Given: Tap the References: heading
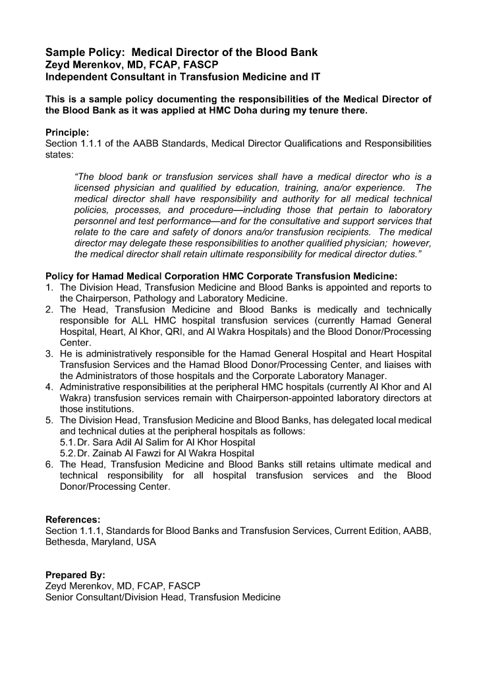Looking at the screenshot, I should [x=72, y=519].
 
